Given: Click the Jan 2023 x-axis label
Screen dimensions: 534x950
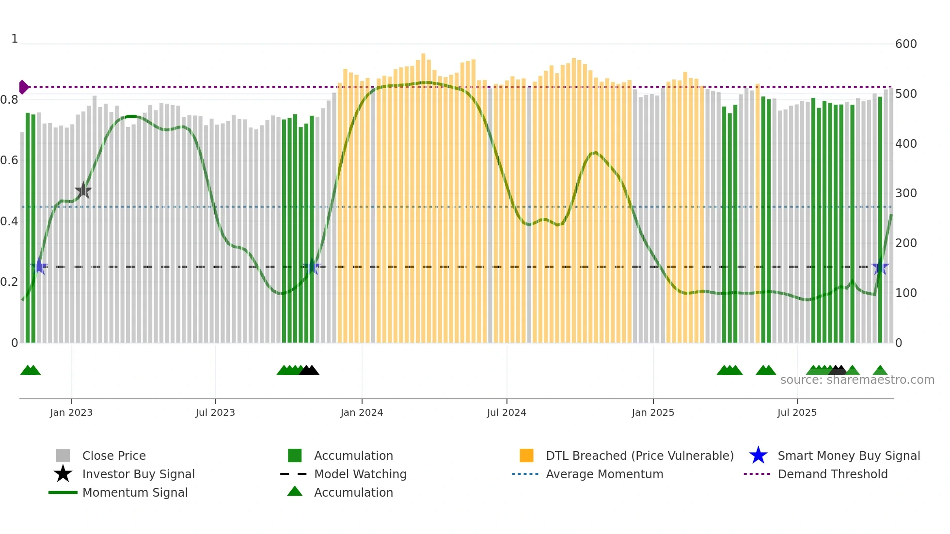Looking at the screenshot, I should pyautogui.click(x=71, y=412).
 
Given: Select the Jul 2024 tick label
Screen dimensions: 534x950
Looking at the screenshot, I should pyautogui.click(x=507, y=412).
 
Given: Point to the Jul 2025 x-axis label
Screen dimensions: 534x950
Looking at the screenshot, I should pyautogui.click(x=797, y=412).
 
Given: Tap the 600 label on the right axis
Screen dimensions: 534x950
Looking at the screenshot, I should pyautogui.click(x=905, y=44).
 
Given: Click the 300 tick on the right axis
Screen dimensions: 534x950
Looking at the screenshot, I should pyautogui.click(x=905, y=193).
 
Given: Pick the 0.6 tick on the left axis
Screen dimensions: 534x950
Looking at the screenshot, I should pyautogui.click(x=9, y=160).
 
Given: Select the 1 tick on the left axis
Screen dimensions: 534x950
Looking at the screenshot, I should pyautogui.click(x=15, y=39).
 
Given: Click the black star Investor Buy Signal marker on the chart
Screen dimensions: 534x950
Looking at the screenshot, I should pyautogui.click(x=83, y=190).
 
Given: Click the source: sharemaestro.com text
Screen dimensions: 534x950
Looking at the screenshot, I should pyautogui.click(x=857, y=380).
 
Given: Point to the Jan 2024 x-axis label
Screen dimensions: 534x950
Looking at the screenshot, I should pyautogui.click(x=362, y=412).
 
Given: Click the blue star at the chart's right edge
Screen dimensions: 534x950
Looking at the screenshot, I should pyautogui.click(x=880, y=267).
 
